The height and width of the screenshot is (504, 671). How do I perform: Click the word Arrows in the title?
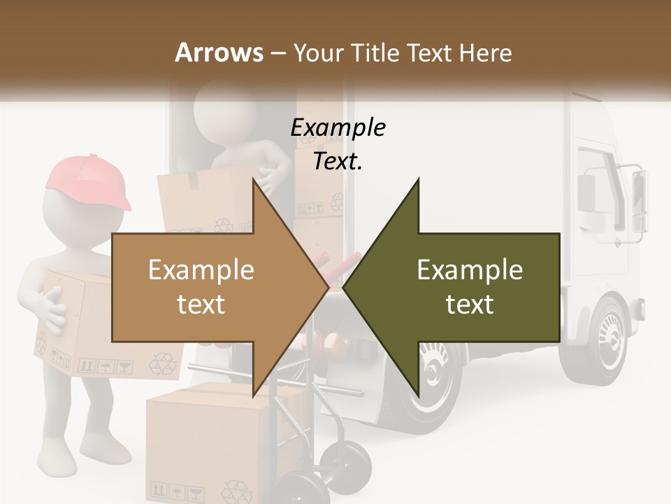(x=219, y=52)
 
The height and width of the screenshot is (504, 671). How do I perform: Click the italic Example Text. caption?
(x=338, y=144)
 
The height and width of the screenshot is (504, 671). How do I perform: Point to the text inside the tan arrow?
(x=201, y=287)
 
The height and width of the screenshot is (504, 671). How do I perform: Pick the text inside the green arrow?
(x=470, y=287)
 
